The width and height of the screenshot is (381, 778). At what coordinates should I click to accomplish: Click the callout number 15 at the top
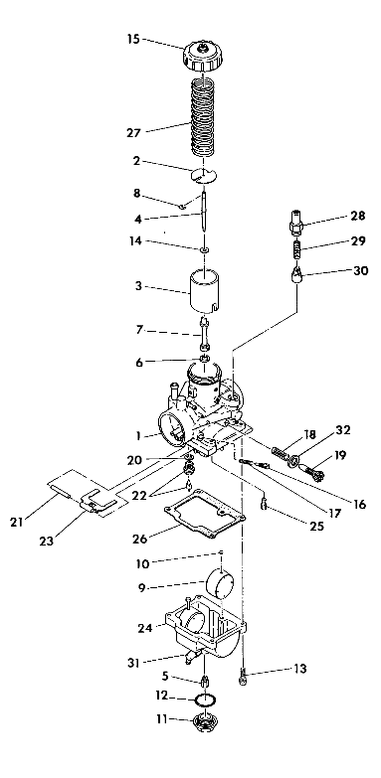pyautogui.click(x=133, y=40)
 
